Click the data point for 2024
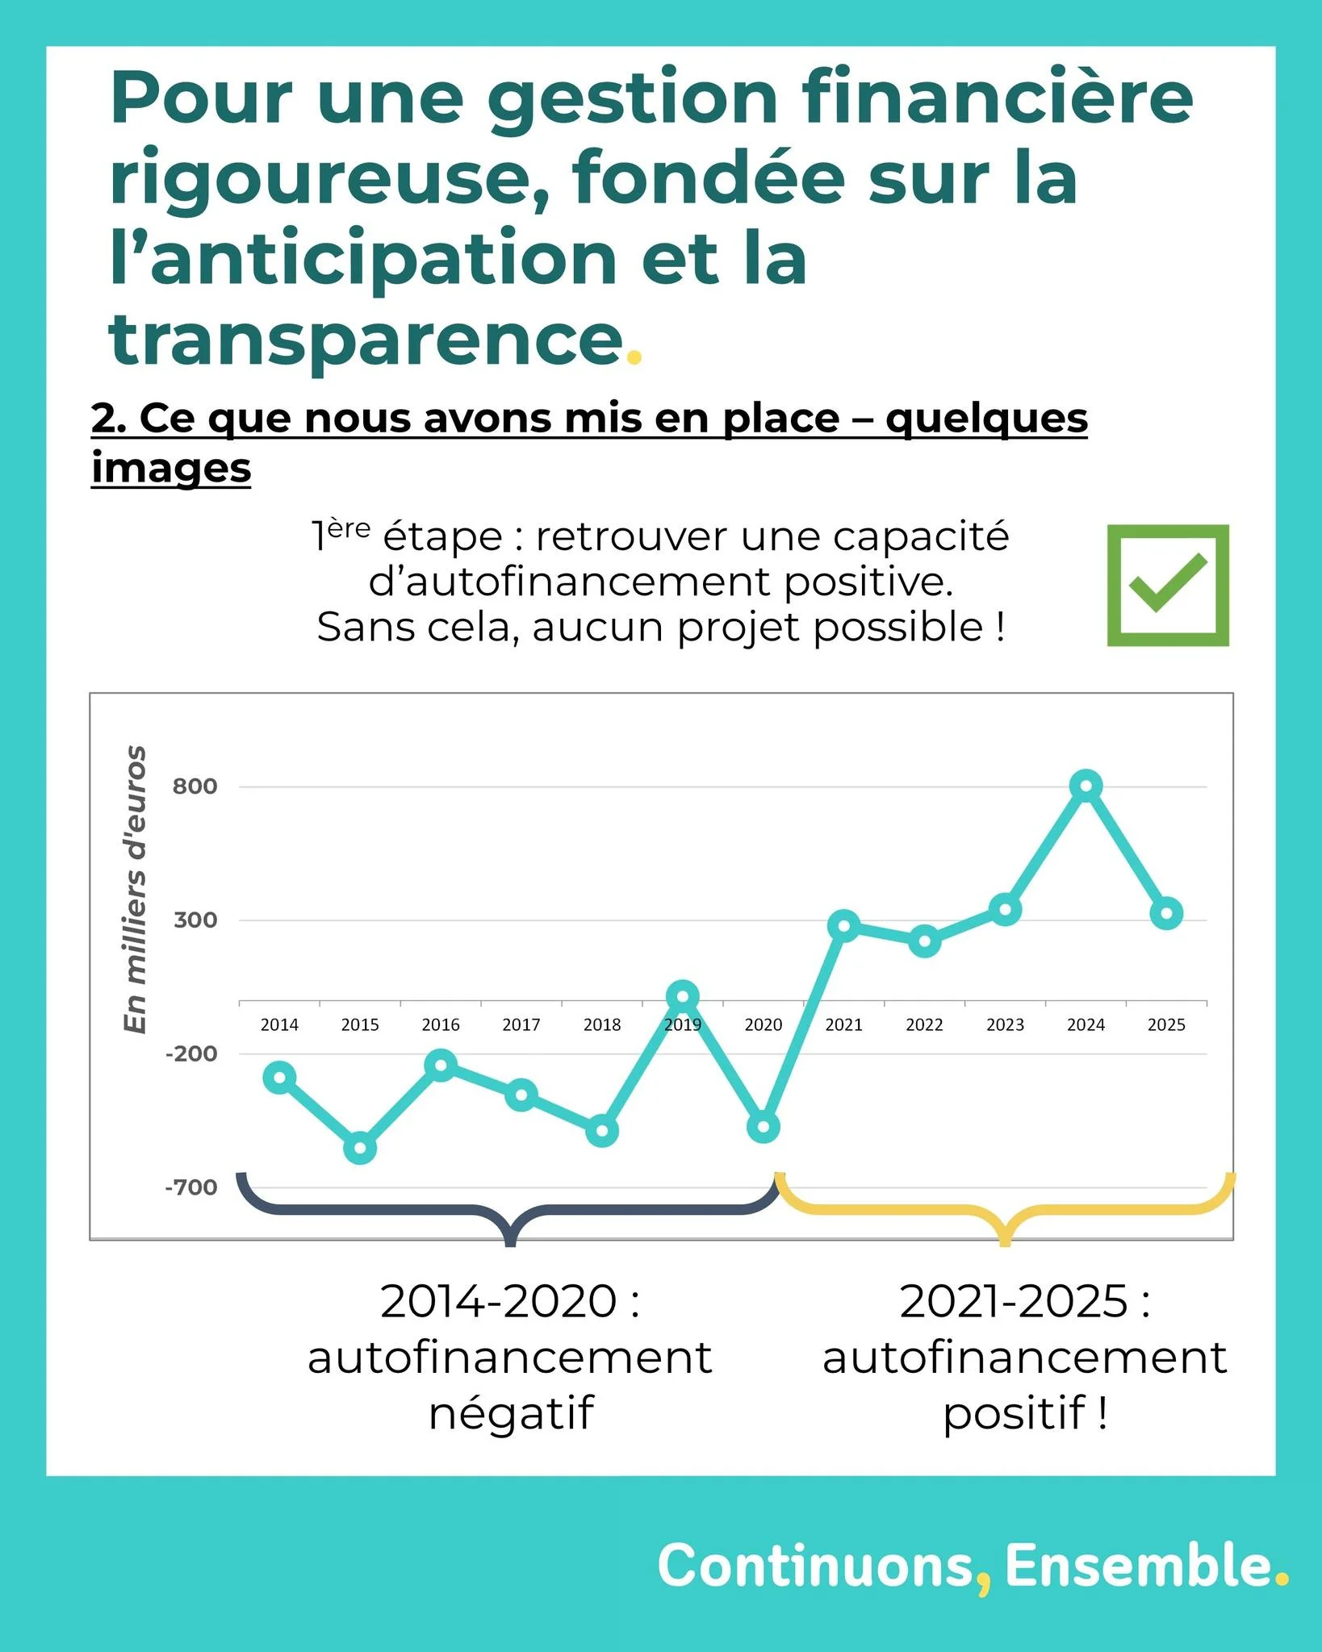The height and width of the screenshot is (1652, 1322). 1086,785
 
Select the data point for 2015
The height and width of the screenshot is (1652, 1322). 360,1148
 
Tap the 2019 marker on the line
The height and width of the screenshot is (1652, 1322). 683,997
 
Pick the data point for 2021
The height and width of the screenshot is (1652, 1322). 843,925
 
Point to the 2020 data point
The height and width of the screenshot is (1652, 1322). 763,1127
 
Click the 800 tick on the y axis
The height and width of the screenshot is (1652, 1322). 195,786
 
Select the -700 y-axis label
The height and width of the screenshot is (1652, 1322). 191,1187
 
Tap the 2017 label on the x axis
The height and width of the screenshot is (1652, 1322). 521,1024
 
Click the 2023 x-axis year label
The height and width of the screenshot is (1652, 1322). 1005,1024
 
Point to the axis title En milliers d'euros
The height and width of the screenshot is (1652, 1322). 135,889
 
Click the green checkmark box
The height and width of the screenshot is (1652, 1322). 1167,585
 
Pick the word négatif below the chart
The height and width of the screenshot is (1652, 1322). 511,1412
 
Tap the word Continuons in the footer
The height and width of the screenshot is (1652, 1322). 815,1566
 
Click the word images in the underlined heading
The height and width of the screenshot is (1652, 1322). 171,468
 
